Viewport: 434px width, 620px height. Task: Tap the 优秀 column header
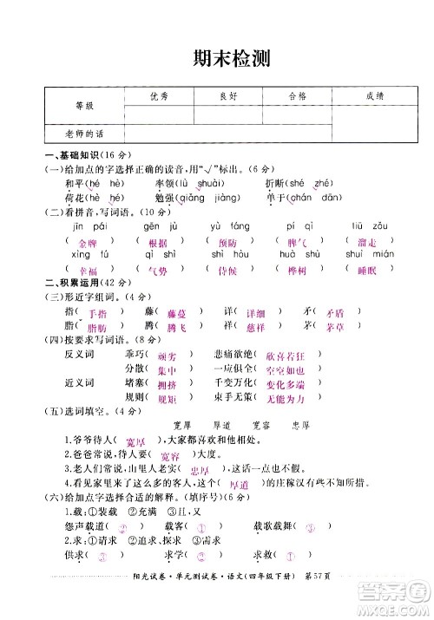point(158,96)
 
